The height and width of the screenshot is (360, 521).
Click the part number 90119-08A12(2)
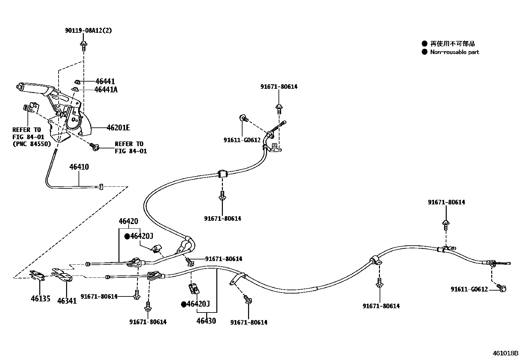[x=88, y=30]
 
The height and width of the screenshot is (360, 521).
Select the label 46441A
[x=106, y=89]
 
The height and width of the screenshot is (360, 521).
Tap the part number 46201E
[x=118, y=128]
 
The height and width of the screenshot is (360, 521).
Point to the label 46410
[x=79, y=167]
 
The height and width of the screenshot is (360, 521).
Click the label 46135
[x=41, y=298]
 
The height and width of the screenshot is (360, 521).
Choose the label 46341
[x=67, y=300]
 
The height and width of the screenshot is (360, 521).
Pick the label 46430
[x=206, y=321]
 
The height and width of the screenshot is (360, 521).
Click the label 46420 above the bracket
[x=128, y=221]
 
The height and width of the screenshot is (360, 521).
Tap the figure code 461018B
[x=506, y=353]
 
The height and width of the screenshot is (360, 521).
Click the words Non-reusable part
[x=455, y=52]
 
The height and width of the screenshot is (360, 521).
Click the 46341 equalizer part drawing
[x=62, y=275]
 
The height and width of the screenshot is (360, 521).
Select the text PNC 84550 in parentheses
[x=32, y=144]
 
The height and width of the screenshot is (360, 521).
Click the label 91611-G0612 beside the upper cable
[x=242, y=140]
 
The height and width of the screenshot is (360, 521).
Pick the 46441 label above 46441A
[x=105, y=81]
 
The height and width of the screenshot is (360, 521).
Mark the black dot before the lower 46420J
[x=184, y=304]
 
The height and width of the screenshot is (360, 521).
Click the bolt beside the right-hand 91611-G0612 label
[x=502, y=288]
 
